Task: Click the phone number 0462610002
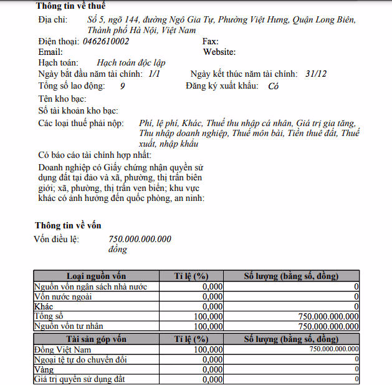(106, 41)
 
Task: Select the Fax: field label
(211, 41)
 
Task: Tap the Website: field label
(219, 52)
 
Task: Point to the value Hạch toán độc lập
(131, 62)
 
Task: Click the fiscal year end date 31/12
(316, 73)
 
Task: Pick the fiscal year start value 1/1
(154, 73)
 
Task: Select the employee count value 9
(122, 86)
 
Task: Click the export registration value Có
(273, 87)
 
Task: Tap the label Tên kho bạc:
(62, 99)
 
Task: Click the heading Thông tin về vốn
(68, 225)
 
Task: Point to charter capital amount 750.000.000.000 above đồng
(140, 239)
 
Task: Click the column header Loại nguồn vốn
(96, 276)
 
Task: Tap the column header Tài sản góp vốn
(96, 339)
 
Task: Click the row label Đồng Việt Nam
(63, 349)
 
